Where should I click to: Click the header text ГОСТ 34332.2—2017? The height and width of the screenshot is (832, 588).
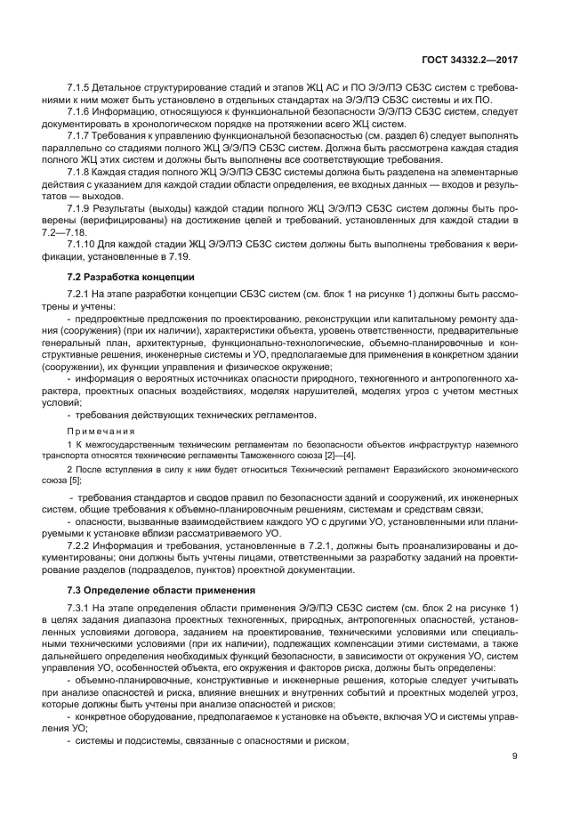(x=469, y=59)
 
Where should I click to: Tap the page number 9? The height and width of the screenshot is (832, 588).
(x=514, y=757)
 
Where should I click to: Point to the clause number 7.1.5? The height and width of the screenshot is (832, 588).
(x=81, y=89)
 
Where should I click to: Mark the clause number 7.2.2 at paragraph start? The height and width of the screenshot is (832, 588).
(x=81, y=542)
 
